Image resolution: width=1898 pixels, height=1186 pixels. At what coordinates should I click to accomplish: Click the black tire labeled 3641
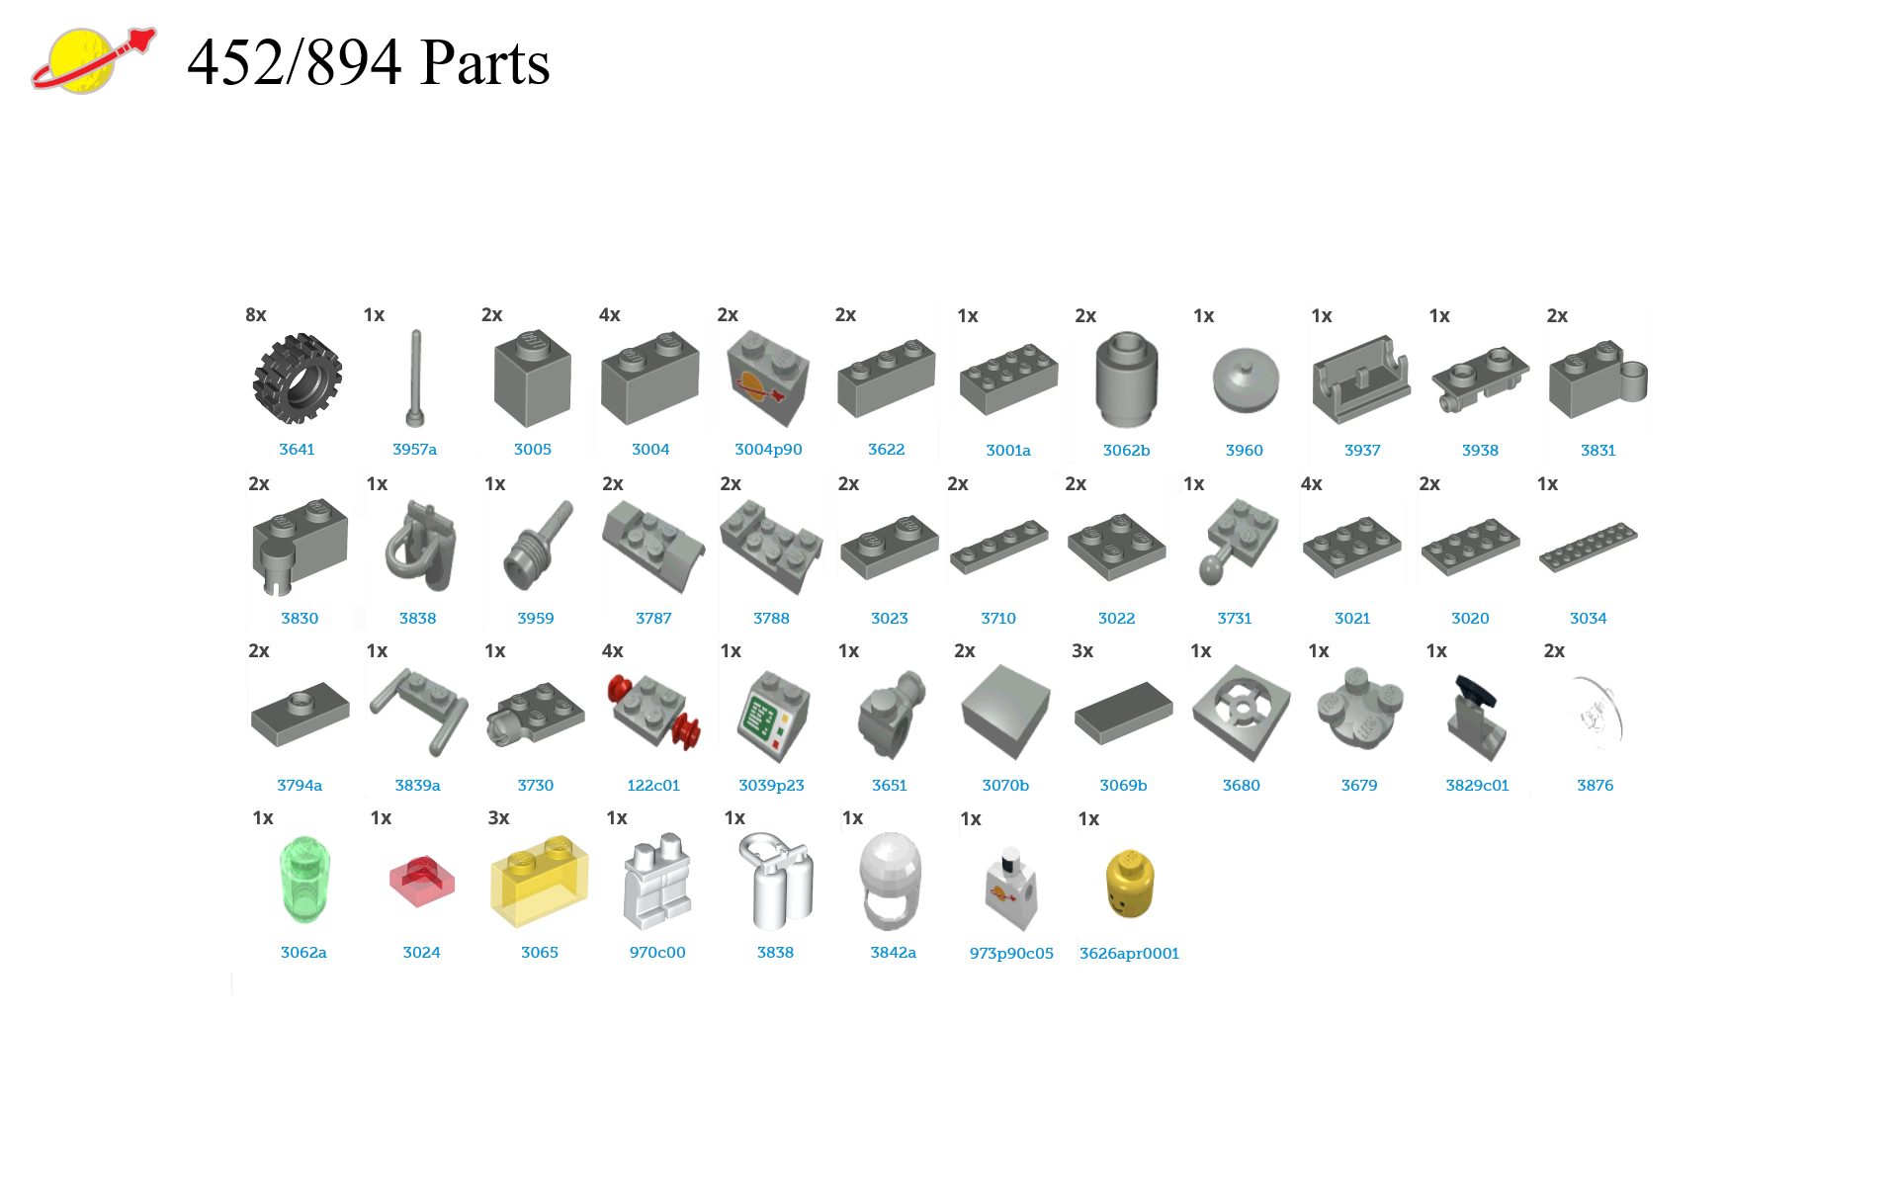click(x=298, y=379)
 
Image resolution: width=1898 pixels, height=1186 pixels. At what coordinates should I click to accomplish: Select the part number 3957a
click(x=414, y=450)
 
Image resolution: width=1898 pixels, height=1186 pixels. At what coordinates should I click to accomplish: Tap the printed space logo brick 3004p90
click(x=768, y=379)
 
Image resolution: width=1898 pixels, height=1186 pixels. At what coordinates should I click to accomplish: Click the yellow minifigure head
click(x=1129, y=883)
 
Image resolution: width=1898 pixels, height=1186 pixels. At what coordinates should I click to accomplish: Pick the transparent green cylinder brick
click(x=303, y=879)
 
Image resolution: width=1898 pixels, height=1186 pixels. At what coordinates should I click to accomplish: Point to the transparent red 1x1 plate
click(x=421, y=881)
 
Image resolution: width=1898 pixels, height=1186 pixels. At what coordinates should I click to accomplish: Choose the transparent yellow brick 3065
click(x=539, y=881)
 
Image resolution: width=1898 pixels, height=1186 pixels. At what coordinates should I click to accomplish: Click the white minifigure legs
click(x=657, y=881)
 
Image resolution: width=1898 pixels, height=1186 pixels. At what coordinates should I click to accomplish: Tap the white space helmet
click(x=891, y=879)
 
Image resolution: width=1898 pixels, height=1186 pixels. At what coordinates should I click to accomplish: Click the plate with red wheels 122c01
click(x=653, y=713)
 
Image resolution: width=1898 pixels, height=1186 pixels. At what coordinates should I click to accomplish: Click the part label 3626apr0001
click(x=1129, y=954)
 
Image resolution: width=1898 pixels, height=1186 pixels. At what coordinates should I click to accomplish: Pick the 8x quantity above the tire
click(x=256, y=315)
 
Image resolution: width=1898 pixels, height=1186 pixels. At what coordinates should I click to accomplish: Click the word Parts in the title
click(x=484, y=63)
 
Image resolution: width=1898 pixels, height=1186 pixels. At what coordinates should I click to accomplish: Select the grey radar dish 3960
click(x=1245, y=381)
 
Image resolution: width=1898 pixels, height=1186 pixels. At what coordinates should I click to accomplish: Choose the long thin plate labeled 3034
click(x=1588, y=547)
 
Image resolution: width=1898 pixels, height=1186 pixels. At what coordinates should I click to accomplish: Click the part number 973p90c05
click(x=1011, y=954)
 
